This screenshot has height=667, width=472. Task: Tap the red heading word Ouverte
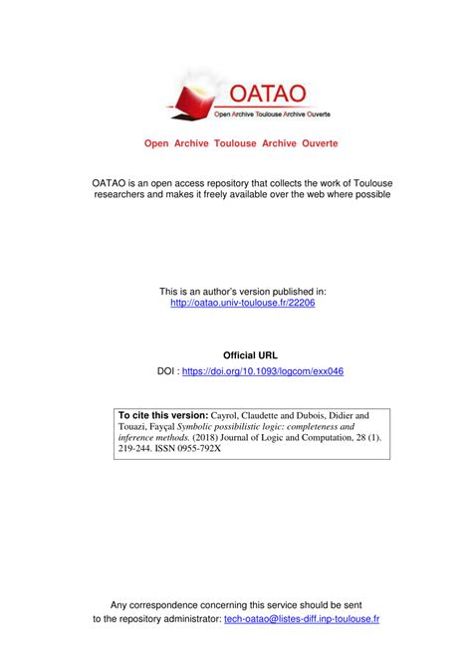point(315,143)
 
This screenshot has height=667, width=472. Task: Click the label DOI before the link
point(167,371)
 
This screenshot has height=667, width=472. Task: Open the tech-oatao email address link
point(302,618)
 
